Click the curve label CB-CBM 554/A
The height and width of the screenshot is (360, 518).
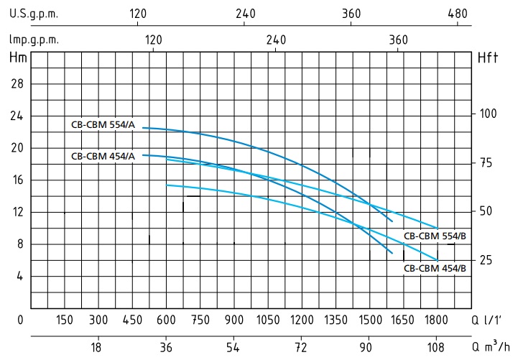coord(101,124)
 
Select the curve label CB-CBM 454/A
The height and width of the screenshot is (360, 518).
coord(101,156)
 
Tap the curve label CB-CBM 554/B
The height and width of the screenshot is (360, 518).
coord(435,236)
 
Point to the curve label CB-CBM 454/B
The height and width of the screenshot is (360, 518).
coord(435,268)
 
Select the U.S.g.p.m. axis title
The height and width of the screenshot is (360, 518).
coord(34,14)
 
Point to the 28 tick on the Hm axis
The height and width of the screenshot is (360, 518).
coord(17,84)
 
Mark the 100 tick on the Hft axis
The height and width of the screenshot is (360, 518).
coord(489,114)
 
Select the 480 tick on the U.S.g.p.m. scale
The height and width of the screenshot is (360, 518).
coord(458,14)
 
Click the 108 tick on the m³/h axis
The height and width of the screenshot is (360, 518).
coord(437,349)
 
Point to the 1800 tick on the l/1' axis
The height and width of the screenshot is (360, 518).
coord(437,319)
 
